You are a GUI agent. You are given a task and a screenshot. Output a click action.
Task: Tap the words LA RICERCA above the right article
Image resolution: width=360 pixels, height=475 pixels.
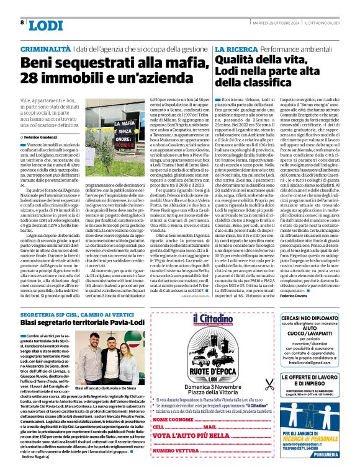(234, 48)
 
